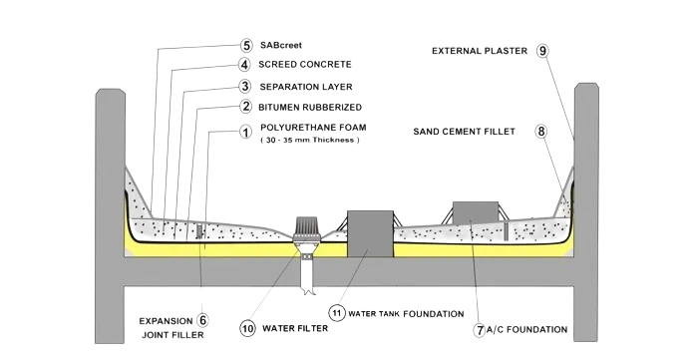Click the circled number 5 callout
[246, 45]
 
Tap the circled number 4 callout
[244, 65]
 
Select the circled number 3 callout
[245, 86]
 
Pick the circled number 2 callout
[246, 107]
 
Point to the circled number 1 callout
[245, 132]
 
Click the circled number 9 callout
[542, 51]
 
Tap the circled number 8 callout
[541, 131]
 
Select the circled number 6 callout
[202, 320]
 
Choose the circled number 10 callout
[248, 328]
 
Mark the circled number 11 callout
[337, 313]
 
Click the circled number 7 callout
[480, 330]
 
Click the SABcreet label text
[281, 45]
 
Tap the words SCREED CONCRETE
[305, 65]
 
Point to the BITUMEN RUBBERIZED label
[310, 107]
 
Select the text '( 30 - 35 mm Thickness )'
[310, 140]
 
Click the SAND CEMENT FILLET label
[465, 132]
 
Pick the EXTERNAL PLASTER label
[480, 51]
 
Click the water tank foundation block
[370, 233]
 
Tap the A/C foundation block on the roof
[476, 211]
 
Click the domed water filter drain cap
[305, 227]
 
